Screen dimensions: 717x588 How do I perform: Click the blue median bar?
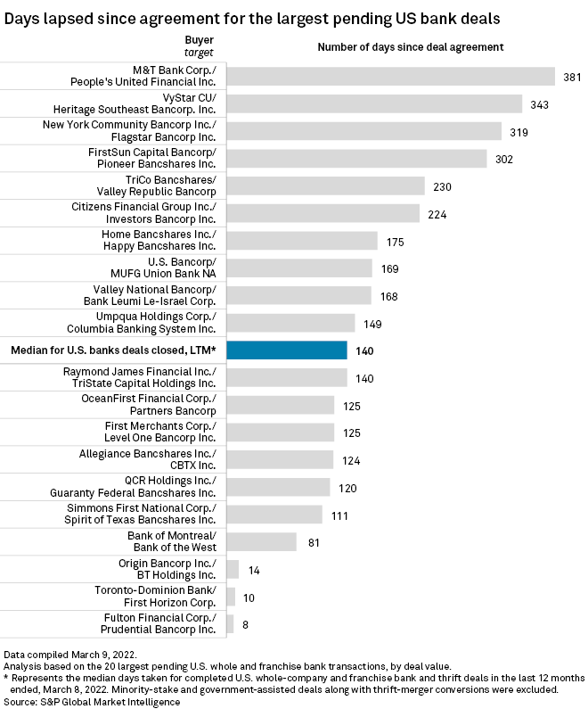(287, 350)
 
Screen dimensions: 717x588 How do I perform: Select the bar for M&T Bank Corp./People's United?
(391, 77)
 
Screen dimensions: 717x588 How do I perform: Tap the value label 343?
(540, 104)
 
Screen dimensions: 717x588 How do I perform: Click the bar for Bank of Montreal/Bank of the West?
(262, 541)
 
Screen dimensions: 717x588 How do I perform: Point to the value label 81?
(314, 541)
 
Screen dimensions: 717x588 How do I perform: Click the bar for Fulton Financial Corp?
(231, 623)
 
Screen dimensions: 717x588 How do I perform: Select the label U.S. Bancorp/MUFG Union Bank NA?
(169, 268)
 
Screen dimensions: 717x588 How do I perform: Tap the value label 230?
(442, 186)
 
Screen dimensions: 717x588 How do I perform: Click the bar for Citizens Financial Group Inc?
(323, 213)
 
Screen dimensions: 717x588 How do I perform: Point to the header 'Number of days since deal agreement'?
(411, 46)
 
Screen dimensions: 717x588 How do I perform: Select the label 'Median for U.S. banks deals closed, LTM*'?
(113, 350)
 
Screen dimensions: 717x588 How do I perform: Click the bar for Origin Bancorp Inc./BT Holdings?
(233, 569)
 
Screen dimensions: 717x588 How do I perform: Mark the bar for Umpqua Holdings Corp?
(291, 323)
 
